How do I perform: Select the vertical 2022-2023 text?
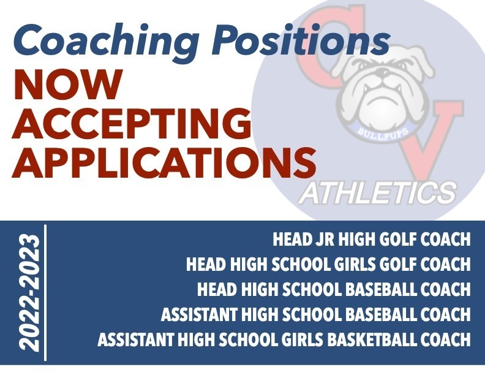coord(29,291)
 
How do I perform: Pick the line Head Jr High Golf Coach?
coord(372,239)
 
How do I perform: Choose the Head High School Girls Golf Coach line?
coord(328,264)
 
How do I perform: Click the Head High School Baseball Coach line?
coord(334,289)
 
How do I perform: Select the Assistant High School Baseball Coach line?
coord(316,314)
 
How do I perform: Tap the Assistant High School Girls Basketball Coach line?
coord(284,339)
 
